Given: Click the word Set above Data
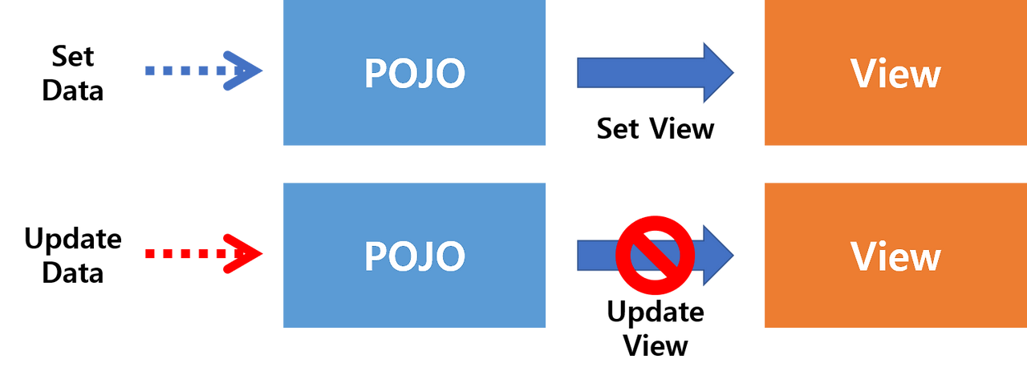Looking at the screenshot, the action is coord(72,57).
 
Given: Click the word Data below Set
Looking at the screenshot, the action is coord(72,91).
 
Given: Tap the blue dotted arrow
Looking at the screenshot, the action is coord(204,71).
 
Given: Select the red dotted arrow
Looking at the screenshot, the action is coord(204,253).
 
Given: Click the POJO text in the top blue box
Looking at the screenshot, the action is coord(415,73).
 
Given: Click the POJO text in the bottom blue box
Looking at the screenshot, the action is coord(415,256).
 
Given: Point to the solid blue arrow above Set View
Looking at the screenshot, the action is coord(656,72).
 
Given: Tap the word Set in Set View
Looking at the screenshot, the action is coord(618,129).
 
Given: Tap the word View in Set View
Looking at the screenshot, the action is coord(682,129).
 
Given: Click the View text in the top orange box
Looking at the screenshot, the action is coord(895,73).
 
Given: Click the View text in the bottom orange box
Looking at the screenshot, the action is coord(895,256).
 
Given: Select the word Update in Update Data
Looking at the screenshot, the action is coord(72,239).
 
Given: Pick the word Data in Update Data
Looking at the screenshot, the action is coord(72,273).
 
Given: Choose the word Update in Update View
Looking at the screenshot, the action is coord(656,312).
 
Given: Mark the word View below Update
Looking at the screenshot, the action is coord(656,346).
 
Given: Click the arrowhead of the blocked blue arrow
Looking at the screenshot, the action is coord(718,256).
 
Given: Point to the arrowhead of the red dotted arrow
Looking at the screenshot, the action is coord(243,253).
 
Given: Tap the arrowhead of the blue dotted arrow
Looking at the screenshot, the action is coord(243,71).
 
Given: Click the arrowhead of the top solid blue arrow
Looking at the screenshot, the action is coord(718,72).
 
